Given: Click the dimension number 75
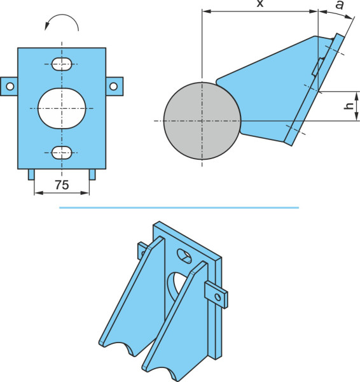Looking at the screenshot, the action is pos(62,185).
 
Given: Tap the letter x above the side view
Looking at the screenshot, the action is pos(260,3).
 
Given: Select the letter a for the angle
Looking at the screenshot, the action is pos(339,5).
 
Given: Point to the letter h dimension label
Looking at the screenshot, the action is pos(349,106).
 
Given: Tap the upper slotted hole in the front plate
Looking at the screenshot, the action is pos(62,64).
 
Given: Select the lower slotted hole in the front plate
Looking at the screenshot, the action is pos(62,153).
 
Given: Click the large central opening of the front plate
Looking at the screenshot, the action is pos(62,108).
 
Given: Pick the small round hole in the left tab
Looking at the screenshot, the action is pos(10,86).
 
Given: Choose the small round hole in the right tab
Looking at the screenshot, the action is pos(113,86).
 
